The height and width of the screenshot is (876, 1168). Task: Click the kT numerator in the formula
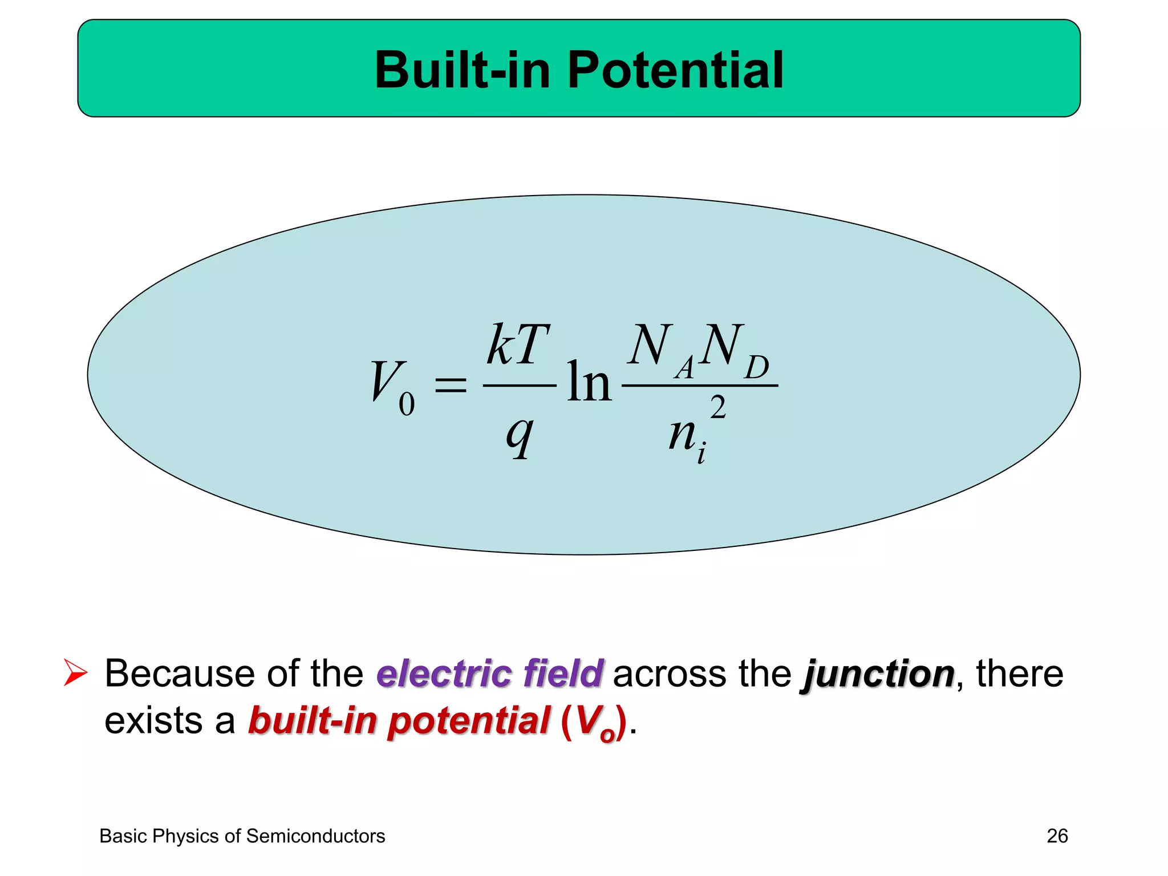tap(518, 345)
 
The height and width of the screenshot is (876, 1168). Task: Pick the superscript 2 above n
tap(718, 407)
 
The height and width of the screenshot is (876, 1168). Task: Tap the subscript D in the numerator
tap(756, 368)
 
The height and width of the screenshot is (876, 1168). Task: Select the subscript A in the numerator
tap(685, 368)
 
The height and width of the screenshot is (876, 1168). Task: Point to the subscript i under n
tap(701, 453)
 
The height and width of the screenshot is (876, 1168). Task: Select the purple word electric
tap(444, 674)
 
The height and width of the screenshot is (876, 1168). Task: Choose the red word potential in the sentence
tap(469, 721)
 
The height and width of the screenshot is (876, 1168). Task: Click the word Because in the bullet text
tap(179, 674)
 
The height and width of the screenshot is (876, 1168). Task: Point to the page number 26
tap(1057, 836)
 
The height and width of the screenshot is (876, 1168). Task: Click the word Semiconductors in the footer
tap(315, 836)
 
